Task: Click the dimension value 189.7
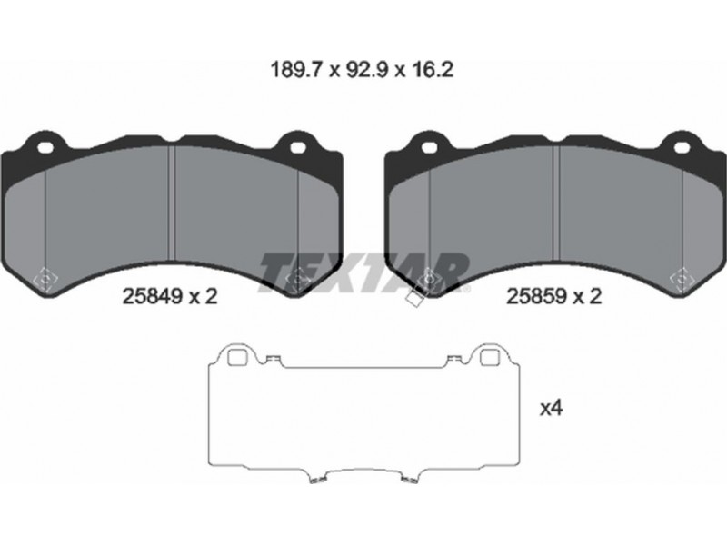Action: point(296,70)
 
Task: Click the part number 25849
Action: point(153,296)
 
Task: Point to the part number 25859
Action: point(537,296)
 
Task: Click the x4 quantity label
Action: point(551,408)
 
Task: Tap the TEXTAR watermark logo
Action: point(364,273)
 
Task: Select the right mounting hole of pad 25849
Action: point(298,148)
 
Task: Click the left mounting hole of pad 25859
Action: point(430,148)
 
